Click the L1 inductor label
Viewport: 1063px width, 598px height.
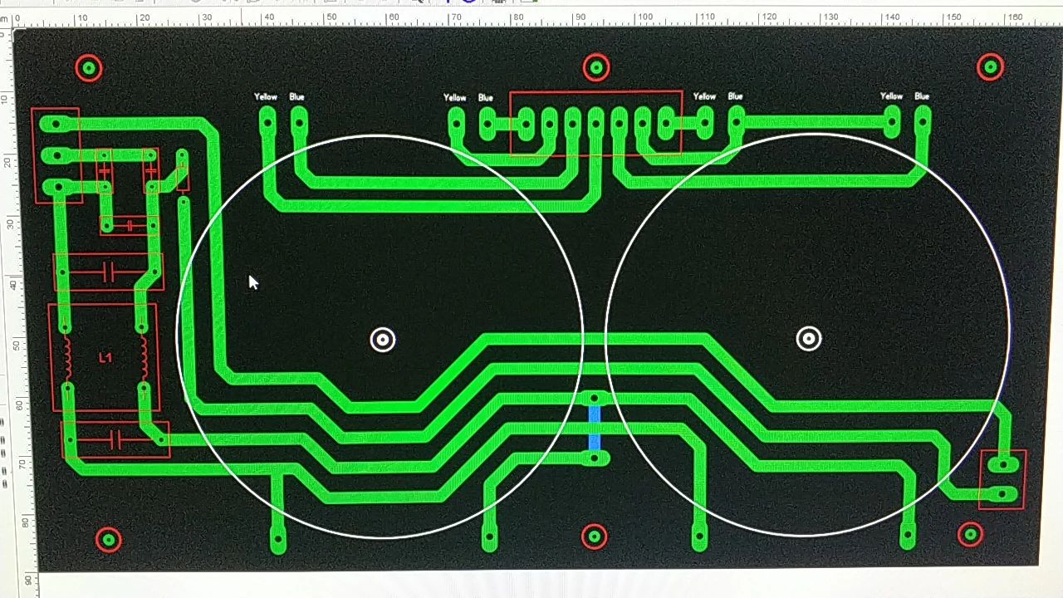pos(105,357)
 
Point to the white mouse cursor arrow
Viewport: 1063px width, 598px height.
pos(252,282)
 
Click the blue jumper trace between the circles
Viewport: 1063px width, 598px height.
pos(595,428)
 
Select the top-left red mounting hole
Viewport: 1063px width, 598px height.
pos(89,68)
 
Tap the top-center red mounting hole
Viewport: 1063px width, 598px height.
pos(596,67)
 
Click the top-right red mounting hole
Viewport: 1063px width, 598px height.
pos(990,66)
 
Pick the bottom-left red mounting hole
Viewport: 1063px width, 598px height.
pos(109,540)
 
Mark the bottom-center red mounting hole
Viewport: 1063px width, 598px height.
pos(594,537)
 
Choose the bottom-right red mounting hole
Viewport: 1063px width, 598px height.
pos(970,534)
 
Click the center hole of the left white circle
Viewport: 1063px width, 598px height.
pos(383,339)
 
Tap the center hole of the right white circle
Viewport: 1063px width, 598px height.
pos(809,338)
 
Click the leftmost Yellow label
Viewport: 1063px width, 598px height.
pos(266,97)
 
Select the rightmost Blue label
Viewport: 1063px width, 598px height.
pos(922,96)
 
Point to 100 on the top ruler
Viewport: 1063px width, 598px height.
pos(642,17)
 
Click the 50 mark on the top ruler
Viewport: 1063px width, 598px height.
pos(331,17)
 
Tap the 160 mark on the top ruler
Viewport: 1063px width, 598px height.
pos(1014,17)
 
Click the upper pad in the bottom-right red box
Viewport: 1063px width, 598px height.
pos(1004,464)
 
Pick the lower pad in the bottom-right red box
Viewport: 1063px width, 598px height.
pos(1004,494)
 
